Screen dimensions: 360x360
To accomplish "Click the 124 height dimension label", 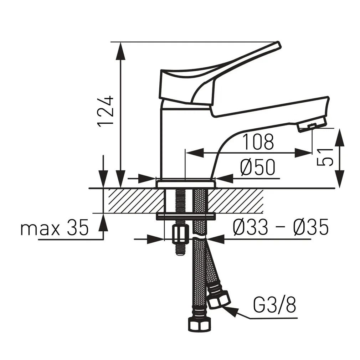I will pos(106,111).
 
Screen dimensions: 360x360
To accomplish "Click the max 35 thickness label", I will pos(54,228).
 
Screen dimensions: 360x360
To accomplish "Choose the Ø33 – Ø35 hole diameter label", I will pos(280,228).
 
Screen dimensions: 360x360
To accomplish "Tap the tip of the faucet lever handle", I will pos(278,45).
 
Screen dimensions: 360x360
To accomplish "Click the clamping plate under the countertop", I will pos(186,216).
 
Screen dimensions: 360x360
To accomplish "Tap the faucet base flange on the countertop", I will pos(186,184).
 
